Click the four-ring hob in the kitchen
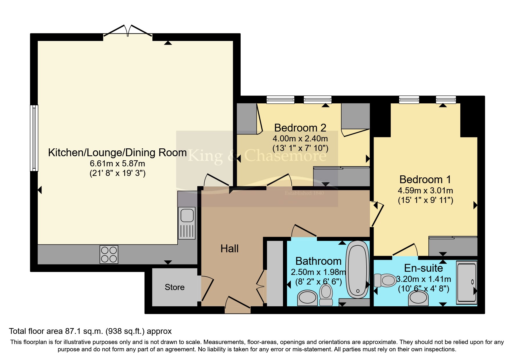(x=109, y=254)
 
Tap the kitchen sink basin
(x=187, y=215)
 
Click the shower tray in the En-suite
(x=467, y=282)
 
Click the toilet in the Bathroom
(x=326, y=294)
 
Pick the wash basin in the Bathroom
(x=307, y=297)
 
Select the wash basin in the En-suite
(x=418, y=298)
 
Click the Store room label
(x=174, y=287)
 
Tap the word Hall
(x=229, y=249)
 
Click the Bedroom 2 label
(x=300, y=128)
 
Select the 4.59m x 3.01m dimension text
(x=425, y=190)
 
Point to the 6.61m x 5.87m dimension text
(x=117, y=163)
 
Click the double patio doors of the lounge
(x=128, y=31)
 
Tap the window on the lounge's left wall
(x=34, y=138)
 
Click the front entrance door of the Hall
(x=237, y=303)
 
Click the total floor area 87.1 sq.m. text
(x=90, y=331)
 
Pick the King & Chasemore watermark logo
(x=257, y=157)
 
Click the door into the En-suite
(x=405, y=250)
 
